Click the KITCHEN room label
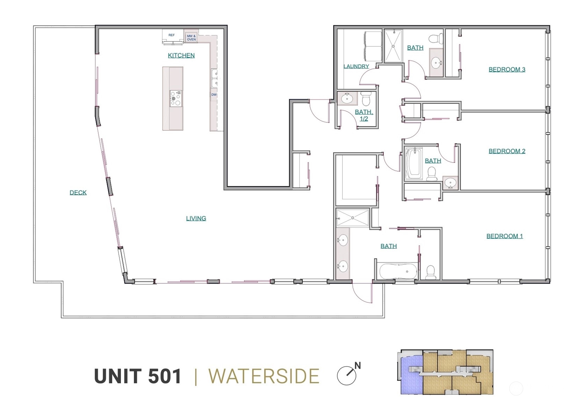click(181, 55)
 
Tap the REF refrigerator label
click(172, 35)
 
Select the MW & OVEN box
click(191, 37)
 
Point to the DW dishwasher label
click(214, 95)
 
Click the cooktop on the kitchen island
click(175, 98)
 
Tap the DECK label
click(78, 193)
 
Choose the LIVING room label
click(196, 218)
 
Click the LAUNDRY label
click(356, 66)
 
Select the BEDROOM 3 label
click(507, 70)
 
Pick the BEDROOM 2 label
click(507, 151)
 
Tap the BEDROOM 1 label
click(505, 236)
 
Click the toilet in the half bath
click(366, 99)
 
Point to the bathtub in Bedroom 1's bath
click(398, 271)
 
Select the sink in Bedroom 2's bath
click(450, 183)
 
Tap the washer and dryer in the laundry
click(373, 46)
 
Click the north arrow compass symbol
click(347, 375)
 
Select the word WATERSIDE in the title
click(264, 376)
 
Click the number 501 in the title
click(165, 376)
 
